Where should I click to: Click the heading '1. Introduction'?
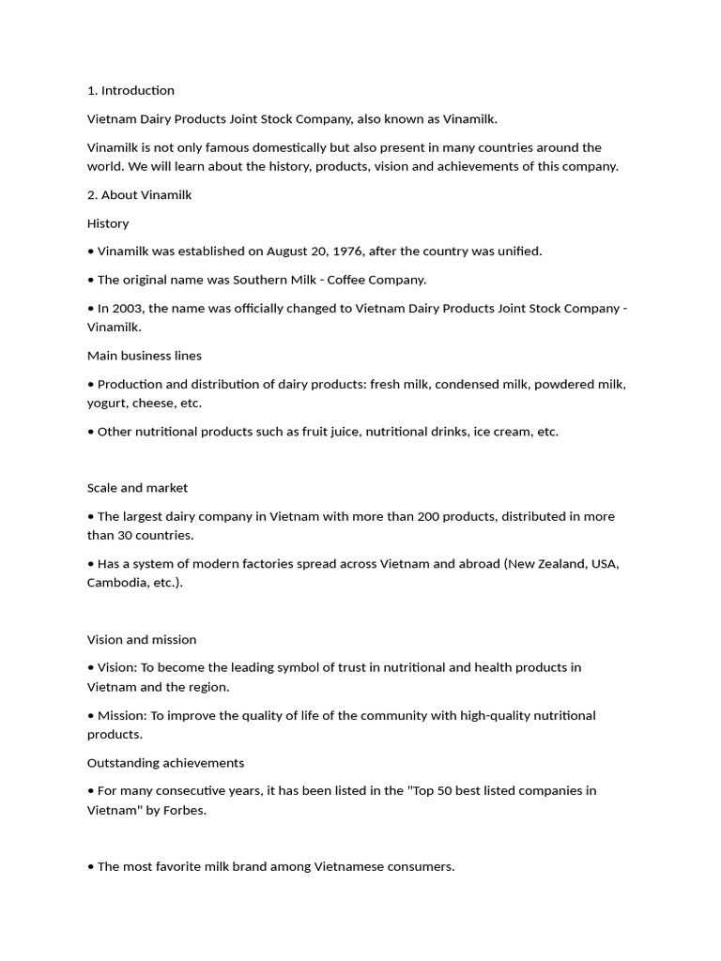[x=130, y=91]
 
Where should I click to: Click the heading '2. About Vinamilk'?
[x=139, y=195]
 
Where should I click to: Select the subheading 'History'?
[x=108, y=223]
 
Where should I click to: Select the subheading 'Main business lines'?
[x=145, y=356]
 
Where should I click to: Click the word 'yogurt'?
[x=107, y=404]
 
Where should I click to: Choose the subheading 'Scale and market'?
[x=137, y=488]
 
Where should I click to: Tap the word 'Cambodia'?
[x=117, y=583]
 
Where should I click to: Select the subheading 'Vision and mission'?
[x=142, y=640]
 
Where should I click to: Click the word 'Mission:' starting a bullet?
[x=122, y=715]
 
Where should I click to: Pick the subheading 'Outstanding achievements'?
[x=165, y=763]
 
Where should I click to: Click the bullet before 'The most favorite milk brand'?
[x=91, y=867]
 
